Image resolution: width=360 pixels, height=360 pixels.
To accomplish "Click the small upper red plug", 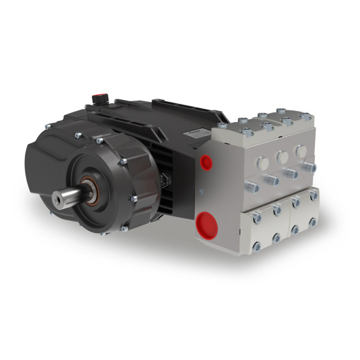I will pyautogui.click(x=207, y=161).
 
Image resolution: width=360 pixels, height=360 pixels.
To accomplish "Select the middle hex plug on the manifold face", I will pyautogui.click(x=282, y=157).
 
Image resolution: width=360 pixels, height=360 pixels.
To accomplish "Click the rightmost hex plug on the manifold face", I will pyautogui.click(x=301, y=152).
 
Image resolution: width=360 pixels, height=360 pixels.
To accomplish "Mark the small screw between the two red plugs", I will pyautogui.click(x=201, y=191).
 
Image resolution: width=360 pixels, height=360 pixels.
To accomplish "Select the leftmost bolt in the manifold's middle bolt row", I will pyautogui.click(x=252, y=188).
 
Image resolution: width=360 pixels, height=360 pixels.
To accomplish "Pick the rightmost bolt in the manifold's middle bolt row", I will pyautogui.click(x=309, y=168).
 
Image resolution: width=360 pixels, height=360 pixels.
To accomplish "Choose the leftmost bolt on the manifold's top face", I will pyautogui.click(x=223, y=125).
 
